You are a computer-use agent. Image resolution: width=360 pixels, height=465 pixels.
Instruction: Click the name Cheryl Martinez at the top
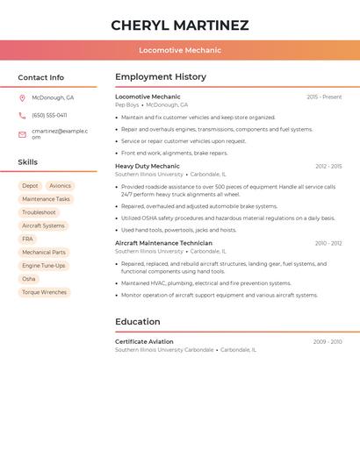(x=180, y=25)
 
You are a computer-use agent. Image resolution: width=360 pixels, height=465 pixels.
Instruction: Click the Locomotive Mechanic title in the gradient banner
(x=180, y=50)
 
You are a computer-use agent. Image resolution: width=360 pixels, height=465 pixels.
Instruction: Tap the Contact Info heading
(x=40, y=77)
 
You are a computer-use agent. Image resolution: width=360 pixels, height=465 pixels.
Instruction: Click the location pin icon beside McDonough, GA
(x=22, y=97)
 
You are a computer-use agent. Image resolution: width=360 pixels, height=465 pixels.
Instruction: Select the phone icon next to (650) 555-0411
(x=22, y=115)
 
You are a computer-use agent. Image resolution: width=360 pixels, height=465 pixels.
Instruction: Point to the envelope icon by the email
(x=22, y=134)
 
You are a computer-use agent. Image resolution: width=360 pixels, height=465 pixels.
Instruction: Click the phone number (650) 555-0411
(x=49, y=115)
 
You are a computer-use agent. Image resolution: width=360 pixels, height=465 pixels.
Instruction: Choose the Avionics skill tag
(x=60, y=186)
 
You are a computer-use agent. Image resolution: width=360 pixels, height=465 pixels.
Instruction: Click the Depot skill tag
(x=30, y=186)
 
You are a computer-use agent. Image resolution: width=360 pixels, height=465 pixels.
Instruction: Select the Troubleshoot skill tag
(x=39, y=212)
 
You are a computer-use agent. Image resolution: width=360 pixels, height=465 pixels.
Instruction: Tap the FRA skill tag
(x=28, y=239)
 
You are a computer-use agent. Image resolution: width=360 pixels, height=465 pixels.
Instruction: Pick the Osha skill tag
(x=29, y=279)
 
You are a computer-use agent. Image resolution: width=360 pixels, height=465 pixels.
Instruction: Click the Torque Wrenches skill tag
(x=44, y=292)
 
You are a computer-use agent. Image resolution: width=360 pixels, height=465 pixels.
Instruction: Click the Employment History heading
(x=161, y=76)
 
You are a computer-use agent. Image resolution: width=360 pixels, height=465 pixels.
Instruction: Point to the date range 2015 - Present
(x=324, y=97)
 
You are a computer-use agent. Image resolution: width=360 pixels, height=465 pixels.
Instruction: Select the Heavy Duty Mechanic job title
(x=148, y=166)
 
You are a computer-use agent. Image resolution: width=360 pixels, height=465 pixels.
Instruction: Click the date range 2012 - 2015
(x=328, y=166)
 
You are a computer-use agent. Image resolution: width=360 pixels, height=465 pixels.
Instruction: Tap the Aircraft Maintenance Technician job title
(x=163, y=243)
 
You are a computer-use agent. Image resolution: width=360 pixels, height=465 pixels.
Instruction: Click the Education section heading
(x=138, y=321)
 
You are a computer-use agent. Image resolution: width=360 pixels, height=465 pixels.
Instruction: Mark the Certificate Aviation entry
(x=144, y=341)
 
